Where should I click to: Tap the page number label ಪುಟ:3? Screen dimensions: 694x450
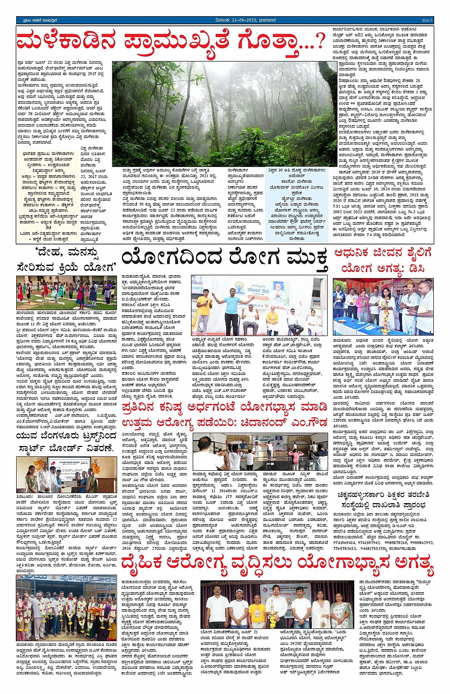pyautogui.click(x=427, y=20)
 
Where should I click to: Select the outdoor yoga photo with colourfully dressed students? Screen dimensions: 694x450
pyautogui.click(x=66, y=293)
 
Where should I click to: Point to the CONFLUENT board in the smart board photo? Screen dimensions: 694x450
pyautogui.click(x=72, y=471)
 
